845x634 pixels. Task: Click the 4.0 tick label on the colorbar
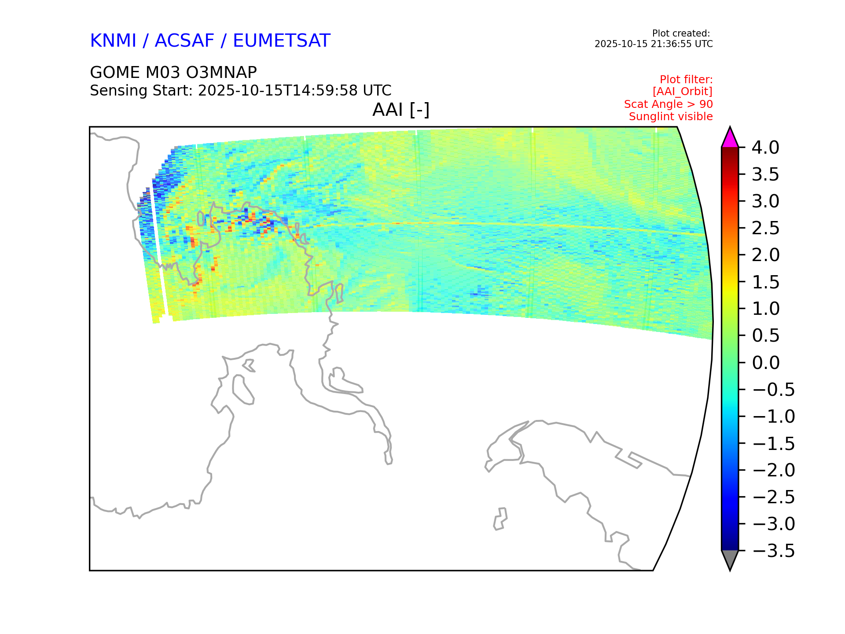pyautogui.click(x=765, y=147)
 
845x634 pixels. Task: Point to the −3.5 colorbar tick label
pyautogui.click(x=774, y=551)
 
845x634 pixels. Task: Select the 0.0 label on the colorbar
pyautogui.click(x=766, y=363)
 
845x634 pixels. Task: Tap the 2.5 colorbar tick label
pyautogui.click(x=765, y=228)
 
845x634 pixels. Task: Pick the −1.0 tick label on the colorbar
pyautogui.click(x=774, y=417)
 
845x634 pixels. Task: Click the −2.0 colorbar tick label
pyautogui.click(x=774, y=470)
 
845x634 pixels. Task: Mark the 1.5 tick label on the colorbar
pyautogui.click(x=765, y=282)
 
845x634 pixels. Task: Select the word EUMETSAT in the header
pyautogui.click(x=282, y=41)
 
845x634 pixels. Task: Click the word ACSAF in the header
pyautogui.click(x=185, y=41)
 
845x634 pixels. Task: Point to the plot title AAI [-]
pyautogui.click(x=401, y=110)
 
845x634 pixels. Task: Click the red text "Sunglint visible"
pyautogui.click(x=671, y=117)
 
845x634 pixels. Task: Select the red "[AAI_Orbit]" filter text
pyautogui.click(x=683, y=92)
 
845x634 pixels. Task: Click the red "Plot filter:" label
pyautogui.click(x=686, y=80)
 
